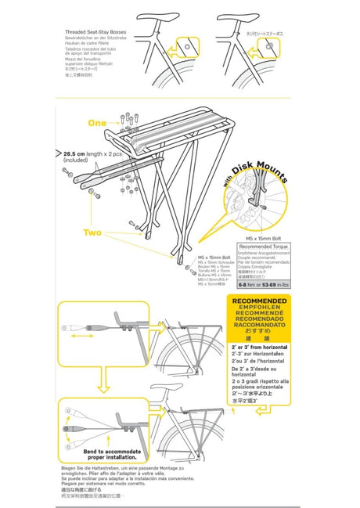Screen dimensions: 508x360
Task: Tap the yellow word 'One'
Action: [x=97, y=123]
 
